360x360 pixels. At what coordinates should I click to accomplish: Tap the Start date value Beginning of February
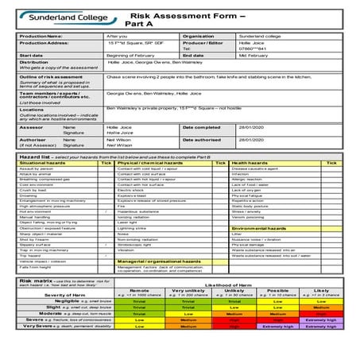pyautogui.click(x=130, y=55)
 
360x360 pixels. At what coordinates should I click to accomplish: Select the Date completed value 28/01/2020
pyautogui.click(x=250, y=127)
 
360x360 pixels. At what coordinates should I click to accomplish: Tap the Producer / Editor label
pyautogui.click(x=203, y=42)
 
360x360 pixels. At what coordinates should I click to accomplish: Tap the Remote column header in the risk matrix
pyautogui.click(x=139, y=291)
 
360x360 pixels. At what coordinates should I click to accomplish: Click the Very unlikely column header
pyautogui.click(x=188, y=291)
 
